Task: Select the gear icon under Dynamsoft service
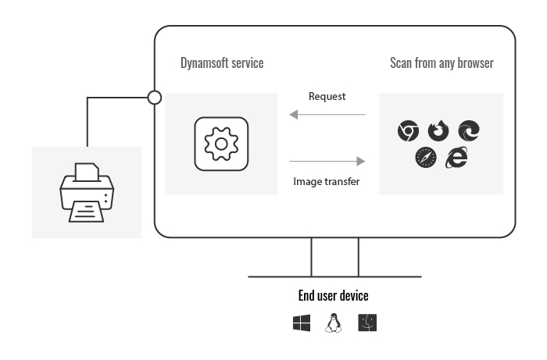pos(221,144)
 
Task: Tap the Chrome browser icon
pos(408,131)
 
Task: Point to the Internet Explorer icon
pos(456,157)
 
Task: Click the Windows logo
pos(302,323)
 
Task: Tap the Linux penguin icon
pos(334,323)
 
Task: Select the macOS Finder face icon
pos(367,323)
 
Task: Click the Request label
pos(327,97)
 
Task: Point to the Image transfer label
pos(327,182)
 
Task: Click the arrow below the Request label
pos(327,116)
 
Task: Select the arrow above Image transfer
pos(327,161)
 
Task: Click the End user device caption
pos(333,296)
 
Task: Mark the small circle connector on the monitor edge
pos(155,98)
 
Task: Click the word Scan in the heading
pos(401,63)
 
